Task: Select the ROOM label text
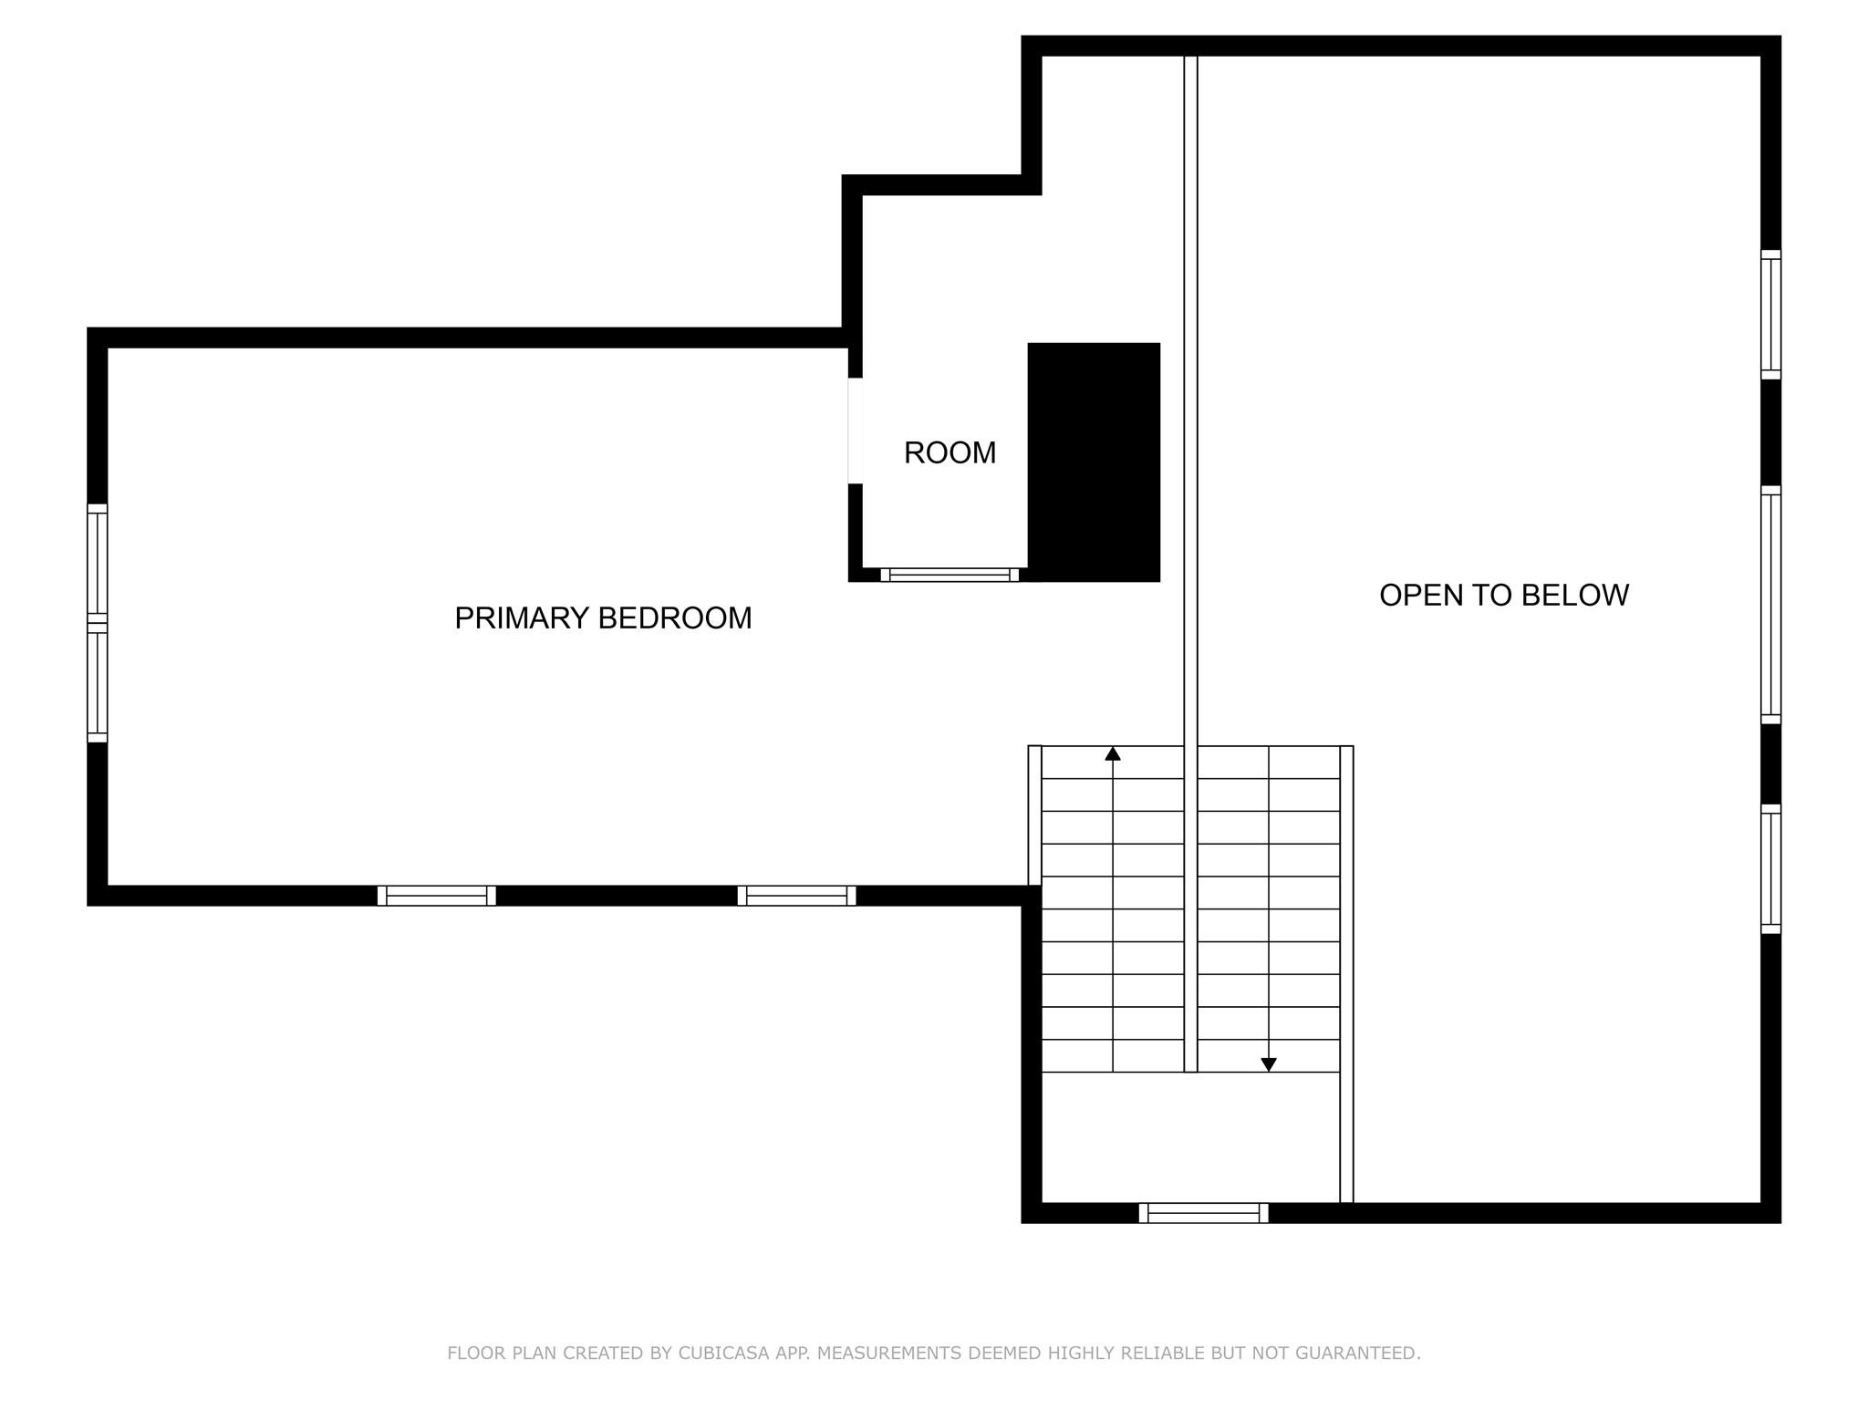coord(950,452)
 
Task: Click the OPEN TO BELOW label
coord(1504,595)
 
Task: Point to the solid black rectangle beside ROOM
coord(1094,462)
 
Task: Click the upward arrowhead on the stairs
coord(1113,753)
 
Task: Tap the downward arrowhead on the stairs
coord(1268,1064)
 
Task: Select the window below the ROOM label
coord(950,575)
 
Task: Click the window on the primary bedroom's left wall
coord(98,623)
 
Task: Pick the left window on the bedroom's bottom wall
coord(437,896)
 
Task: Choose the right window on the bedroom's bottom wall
coord(796,896)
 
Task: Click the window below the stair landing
coord(1203,1213)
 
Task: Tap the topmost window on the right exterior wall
coord(1770,315)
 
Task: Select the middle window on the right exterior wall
coord(1770,605)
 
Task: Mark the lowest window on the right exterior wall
coord(1770,869)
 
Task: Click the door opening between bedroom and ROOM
coord(856,431)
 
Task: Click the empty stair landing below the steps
coord(1190,1137)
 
